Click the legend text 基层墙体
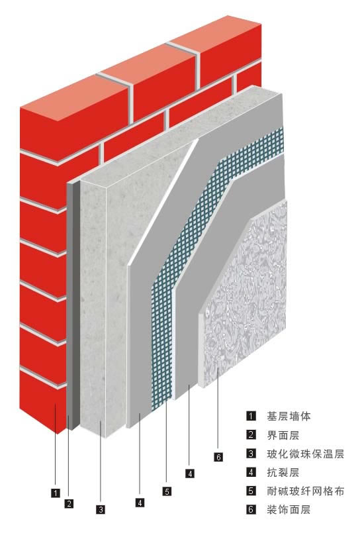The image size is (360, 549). click(289, 417)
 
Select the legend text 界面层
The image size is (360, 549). click(283, 435)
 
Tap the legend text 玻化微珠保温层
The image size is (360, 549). click(306, 454)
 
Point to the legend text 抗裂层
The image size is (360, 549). click(283, 472)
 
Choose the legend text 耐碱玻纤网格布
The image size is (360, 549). click(306, 491)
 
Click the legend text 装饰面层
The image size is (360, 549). click(289, 509)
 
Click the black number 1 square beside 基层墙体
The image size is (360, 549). click(251, 416)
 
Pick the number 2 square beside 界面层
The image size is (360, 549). click(251, 435)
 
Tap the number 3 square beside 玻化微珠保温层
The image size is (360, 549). click(251, 454)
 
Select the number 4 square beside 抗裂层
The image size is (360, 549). click(251, 472)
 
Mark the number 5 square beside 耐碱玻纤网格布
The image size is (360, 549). click(251, 491)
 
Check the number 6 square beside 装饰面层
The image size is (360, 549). click(251, 509)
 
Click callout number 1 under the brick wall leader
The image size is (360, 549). click(56, 493)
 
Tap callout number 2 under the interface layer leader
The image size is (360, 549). click(69, 503)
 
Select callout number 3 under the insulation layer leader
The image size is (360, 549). click(101, 509)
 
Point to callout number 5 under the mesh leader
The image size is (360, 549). click(167, 491)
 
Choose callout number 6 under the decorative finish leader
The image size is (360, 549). click(218, 457)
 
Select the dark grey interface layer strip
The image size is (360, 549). click(73, 305)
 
